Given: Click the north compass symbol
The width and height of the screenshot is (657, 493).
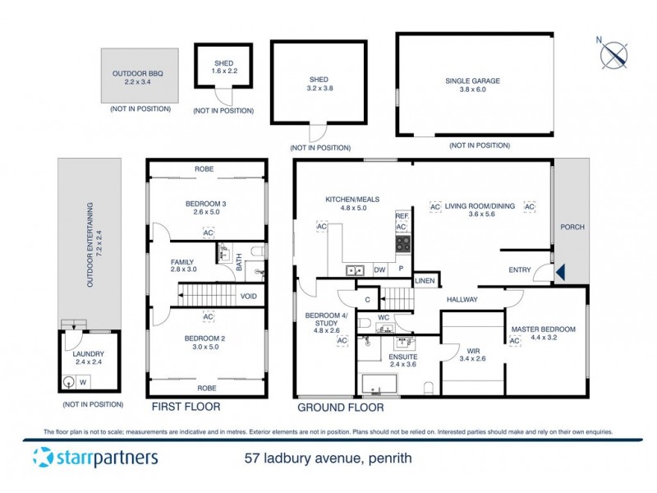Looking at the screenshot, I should (613, 54).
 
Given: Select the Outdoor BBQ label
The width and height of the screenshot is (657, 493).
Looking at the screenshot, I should (137, 73).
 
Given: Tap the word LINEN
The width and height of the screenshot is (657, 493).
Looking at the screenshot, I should (424, 282).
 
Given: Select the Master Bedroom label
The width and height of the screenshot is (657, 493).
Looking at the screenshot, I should (543, 329).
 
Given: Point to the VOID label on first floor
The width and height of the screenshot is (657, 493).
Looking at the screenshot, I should (249, 297).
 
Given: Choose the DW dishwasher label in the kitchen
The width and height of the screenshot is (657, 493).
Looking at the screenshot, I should (379, 270).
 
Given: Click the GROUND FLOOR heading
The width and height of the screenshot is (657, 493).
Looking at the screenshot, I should (340, 407).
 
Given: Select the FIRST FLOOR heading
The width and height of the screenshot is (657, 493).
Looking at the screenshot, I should (186, 407).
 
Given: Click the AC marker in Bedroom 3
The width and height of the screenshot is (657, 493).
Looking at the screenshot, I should (209, 233).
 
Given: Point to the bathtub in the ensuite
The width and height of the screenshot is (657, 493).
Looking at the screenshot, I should (379, 384).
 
